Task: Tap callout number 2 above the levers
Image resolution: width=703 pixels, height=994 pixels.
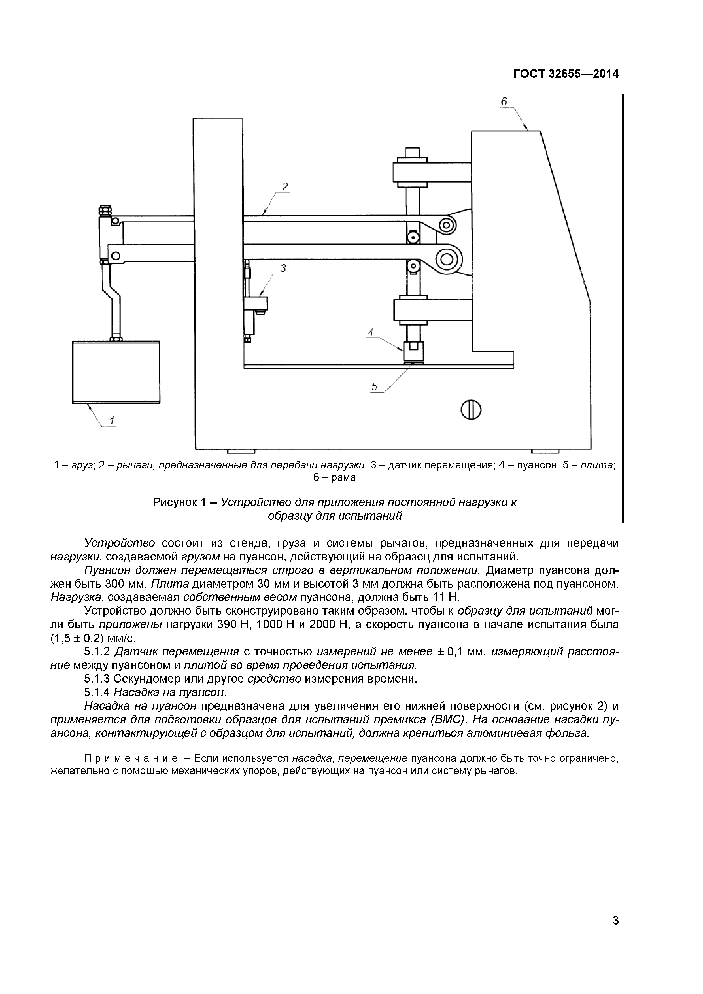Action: click(285, 187)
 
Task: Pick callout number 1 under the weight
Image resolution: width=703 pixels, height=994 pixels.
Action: click(112, 420)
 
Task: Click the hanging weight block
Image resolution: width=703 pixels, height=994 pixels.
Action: click(116, 372)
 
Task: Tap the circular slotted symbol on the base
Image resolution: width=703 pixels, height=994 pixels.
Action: click(471, 409)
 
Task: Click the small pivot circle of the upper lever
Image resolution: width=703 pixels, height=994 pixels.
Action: click(446, 225)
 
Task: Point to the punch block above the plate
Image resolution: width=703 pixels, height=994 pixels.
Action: click(413, 352)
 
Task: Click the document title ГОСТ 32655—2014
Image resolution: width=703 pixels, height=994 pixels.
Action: click(566, 74)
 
